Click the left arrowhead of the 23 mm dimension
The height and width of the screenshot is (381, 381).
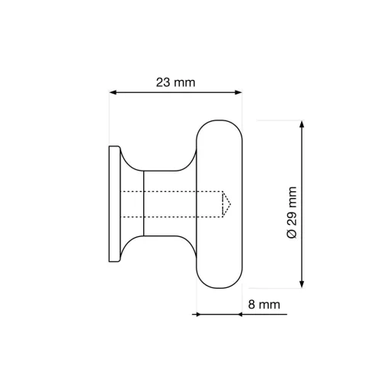click(x=114, y=93)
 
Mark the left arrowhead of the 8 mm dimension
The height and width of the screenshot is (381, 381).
click(x=200, y=314)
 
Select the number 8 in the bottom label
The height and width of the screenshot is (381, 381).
click(x=252, y=305)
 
